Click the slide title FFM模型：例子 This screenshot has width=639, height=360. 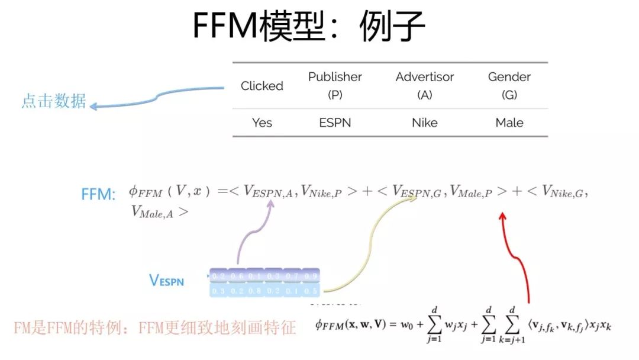pos(309,27)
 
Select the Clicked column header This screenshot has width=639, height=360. pos(262,86)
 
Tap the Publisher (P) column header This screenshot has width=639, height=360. pos(335,85)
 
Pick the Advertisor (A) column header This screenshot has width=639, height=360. pos(425,85)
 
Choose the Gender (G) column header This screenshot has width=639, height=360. pos(509,85)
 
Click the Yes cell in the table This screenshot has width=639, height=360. pos(262,123)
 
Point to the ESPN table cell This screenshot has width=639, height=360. pos(335,123)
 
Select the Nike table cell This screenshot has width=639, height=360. pos(425,123)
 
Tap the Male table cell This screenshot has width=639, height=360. pos(509,123)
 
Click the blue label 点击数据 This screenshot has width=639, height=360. pos(54,101)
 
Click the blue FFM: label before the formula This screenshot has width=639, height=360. pos(98,194)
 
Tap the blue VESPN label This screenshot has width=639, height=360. pos(166,281)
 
